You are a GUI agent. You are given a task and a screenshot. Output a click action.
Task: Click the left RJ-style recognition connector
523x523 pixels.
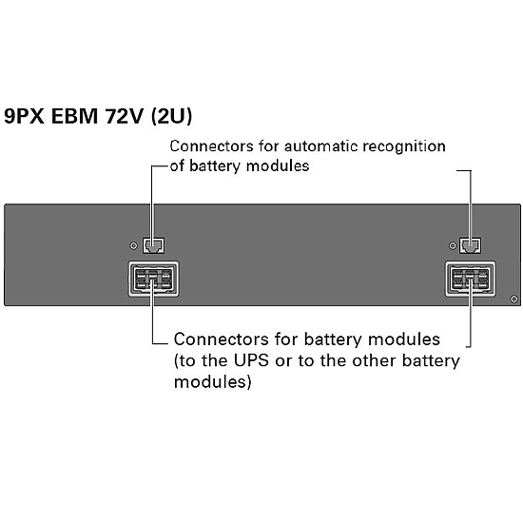(x=153, y=245)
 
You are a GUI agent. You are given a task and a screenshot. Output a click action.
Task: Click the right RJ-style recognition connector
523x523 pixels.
(x=470, y=245)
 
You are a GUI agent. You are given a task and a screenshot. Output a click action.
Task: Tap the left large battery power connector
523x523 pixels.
(x=153, y=280)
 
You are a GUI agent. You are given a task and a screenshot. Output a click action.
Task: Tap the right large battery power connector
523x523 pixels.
(x=471, y=280)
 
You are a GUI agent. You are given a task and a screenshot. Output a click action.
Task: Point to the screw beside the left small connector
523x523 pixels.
(x=133, y=246)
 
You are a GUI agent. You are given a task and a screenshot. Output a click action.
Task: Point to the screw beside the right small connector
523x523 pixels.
(x=453, y=246)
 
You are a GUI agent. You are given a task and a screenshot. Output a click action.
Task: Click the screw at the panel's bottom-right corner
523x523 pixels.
(x=514, y=299)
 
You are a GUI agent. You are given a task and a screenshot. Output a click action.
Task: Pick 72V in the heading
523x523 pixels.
(x=124, y=116)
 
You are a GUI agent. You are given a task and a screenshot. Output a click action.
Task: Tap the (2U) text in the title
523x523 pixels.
(x=171, y=116)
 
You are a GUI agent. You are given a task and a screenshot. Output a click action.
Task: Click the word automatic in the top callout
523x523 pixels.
(x=320, y=146)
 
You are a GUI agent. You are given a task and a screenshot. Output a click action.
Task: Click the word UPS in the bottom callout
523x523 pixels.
(x=250, y=360)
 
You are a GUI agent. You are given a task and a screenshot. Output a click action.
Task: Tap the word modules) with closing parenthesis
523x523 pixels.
(x=213, y=382)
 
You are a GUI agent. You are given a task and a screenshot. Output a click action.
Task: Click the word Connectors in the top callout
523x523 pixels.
(x=211, y=146)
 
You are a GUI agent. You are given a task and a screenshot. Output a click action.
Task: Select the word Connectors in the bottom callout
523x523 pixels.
(x=222, y=339)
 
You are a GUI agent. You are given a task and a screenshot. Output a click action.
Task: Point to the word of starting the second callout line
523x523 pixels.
(x=177, y=165)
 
